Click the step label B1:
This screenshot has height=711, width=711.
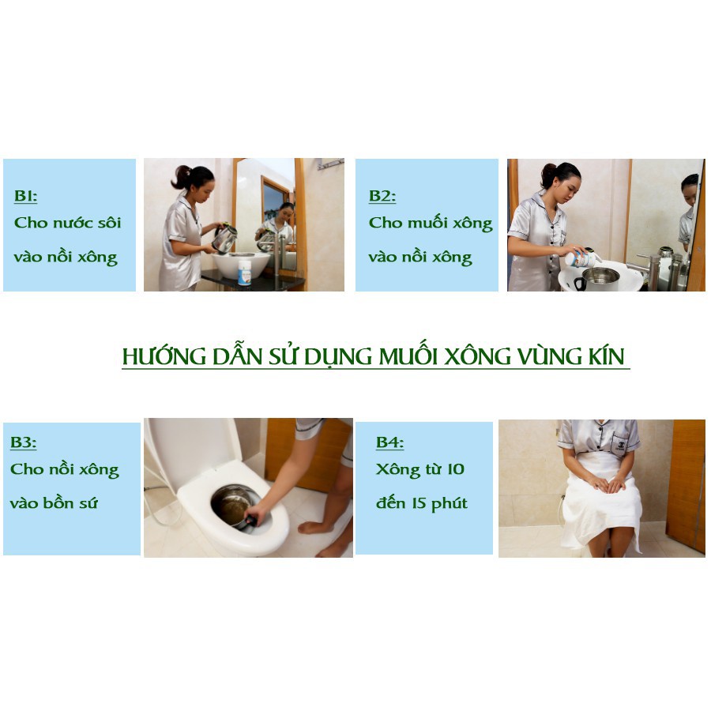point(26,196)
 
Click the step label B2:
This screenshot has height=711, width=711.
point(382,196)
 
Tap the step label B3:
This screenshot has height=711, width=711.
point(24,442)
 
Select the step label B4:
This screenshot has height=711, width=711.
point(389,442)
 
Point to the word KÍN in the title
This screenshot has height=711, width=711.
point(607,356)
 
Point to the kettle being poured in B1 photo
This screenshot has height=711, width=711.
point(225,238)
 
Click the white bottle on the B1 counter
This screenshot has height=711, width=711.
point(245,274)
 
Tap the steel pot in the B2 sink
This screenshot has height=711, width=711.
point(601,276)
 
